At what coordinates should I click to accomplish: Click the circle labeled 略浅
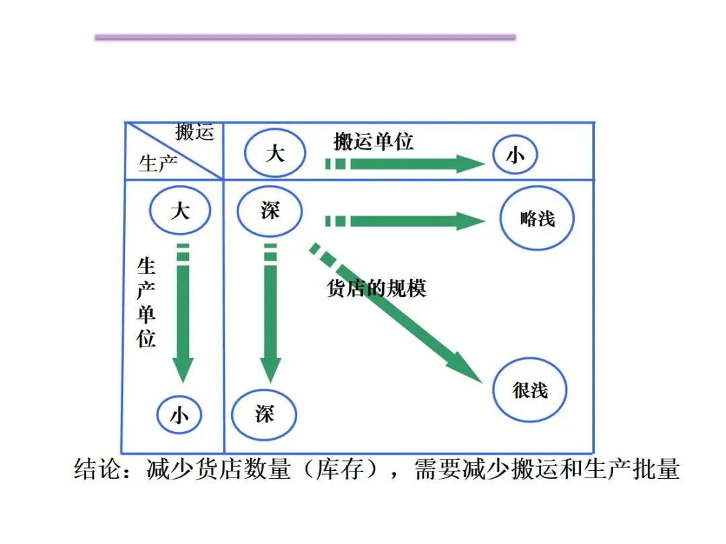pos(537,218)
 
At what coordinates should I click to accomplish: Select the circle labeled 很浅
pos(530,390)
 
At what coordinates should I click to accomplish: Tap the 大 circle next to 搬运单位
pos(275,154)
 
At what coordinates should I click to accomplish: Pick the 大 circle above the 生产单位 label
pos(179,211)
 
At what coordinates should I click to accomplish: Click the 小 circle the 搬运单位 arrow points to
pos(515,156)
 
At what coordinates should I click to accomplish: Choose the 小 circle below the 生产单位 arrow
pos(179,415)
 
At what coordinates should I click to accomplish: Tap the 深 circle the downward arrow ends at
pos(264,413)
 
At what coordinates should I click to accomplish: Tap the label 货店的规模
pos(376,287)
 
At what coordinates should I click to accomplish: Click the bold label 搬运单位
pos(374,141)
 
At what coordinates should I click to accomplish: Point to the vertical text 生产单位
pos(147,302)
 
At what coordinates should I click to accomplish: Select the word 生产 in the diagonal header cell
pos(157,163)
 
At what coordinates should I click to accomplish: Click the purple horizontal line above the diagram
pos(305,38)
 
